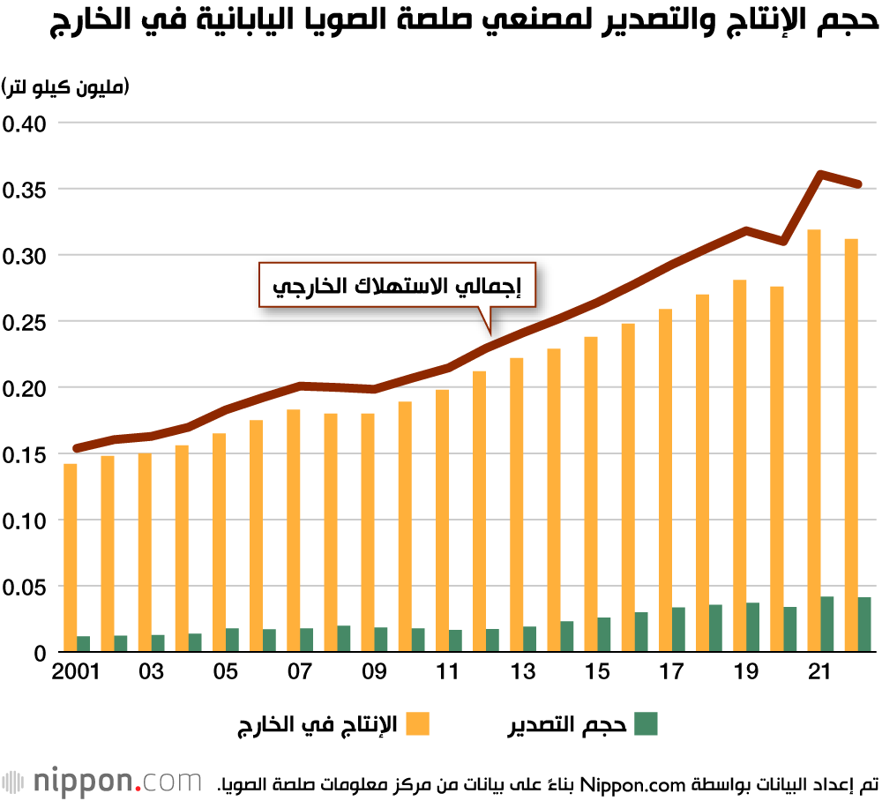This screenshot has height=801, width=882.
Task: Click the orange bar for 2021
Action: coord(814,441)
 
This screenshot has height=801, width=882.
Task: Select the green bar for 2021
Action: coord(827,625)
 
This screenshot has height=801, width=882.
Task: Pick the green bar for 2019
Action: coord(752,627)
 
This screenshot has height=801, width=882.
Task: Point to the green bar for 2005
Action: coord(232,640)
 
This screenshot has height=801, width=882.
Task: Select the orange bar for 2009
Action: coord(368,533)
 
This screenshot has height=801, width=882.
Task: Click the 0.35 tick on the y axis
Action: coord(27,190)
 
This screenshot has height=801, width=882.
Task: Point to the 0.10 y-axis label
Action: coord(27,520)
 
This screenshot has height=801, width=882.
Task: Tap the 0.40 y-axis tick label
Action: coord(27,124)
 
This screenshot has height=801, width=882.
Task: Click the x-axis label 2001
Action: coord(76,673)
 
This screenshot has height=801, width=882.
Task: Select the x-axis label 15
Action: coord(597,673)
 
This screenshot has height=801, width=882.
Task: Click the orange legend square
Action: coord(416,724)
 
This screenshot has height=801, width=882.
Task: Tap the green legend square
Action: coord(646,724)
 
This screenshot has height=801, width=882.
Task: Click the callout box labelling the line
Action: coord(397,284)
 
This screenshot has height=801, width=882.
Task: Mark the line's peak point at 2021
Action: coord(821,174)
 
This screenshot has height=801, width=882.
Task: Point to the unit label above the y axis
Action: coord(66,87)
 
